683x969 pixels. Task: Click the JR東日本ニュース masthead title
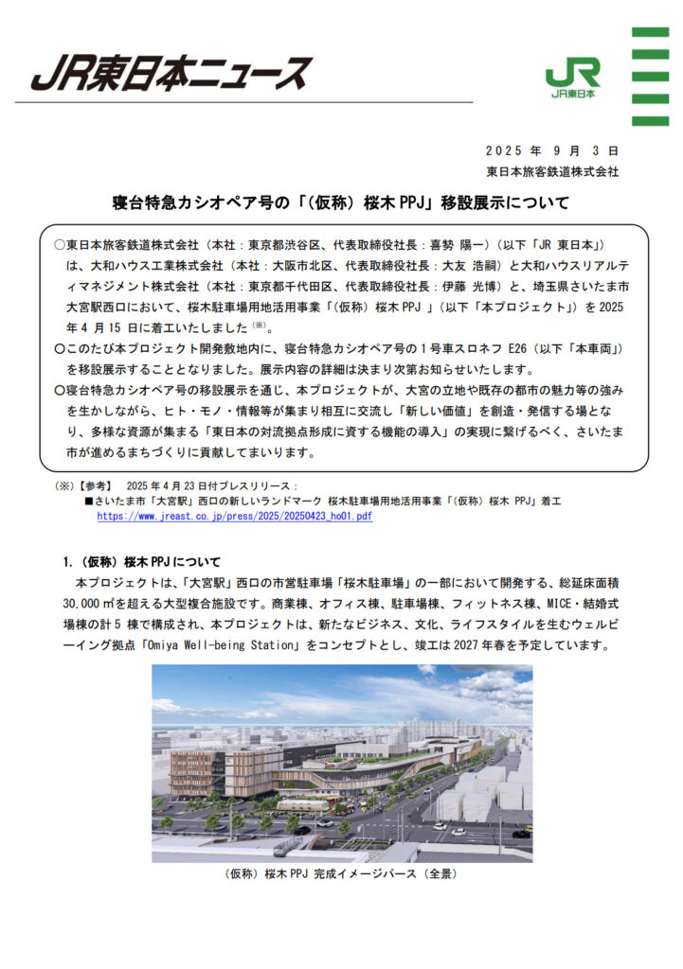pos(171,72)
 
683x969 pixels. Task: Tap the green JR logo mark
pos(572,74)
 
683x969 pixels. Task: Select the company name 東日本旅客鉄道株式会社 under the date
pos(551,172)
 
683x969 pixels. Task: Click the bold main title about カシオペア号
pos(342,202)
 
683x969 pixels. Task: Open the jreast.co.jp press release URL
pos(234,517)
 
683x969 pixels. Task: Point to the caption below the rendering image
pos(341,873)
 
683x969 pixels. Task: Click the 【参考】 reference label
pos(95,484)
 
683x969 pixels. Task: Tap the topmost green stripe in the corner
pos(650,32)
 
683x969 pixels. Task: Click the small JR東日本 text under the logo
pos(572,95)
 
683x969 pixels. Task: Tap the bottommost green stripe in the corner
pos(650,119)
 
